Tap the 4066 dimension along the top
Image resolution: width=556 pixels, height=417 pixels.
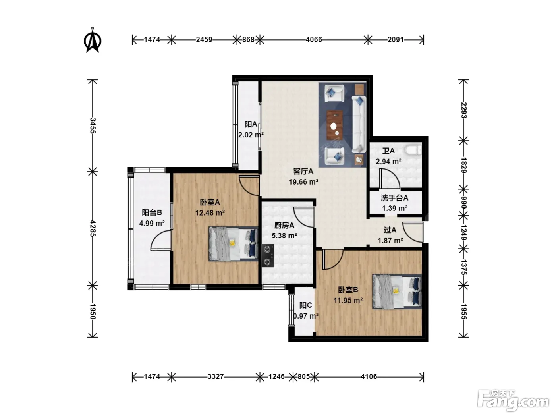(314, 40)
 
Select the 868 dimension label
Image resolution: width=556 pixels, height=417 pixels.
(248, 40)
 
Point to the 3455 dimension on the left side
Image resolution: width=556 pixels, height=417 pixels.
(93, 125)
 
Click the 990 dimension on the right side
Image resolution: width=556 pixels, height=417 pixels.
(463, 203)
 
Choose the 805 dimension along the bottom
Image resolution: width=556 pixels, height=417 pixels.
(304, 377)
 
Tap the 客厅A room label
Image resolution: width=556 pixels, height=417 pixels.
(303, 172)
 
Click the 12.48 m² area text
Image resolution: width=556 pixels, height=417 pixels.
(210, 213)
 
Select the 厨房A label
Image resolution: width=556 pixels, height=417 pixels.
(284, 225)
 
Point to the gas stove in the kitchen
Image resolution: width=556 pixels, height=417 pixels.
(268, 255)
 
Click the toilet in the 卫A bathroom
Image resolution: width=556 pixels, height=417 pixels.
(414, 150)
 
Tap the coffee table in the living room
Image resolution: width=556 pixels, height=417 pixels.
(334, 125)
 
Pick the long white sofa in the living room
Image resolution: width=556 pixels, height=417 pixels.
(359, 124)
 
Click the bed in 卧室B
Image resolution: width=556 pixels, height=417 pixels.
(397, 292)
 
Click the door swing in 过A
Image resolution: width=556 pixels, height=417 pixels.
(413, 232)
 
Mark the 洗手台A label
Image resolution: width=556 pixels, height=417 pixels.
(394, 198)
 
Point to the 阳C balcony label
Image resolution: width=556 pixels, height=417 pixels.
(305, 305)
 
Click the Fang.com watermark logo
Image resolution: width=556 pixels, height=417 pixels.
(513, 401)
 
